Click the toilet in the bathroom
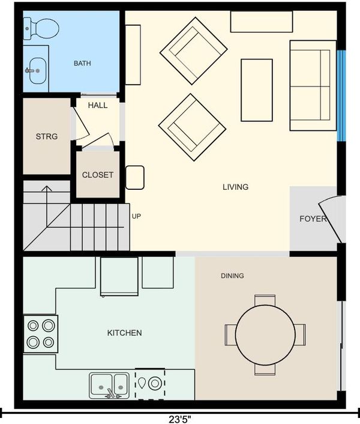click(x=41, y=28)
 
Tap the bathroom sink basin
click(x=38, y=71)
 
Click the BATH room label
click(x=82, y=63)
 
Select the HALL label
click(x=98, y=105)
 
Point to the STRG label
click(x=47, y=136)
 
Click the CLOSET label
click(x=97, y=175)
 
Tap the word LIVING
click(x=235, y=187)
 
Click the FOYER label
click(x=313, y=219)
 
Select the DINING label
click(x=232, y=276)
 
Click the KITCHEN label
click(x=125, y=333)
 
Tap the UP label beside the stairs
click(x=136, y=216)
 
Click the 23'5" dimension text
click(x=180, y=419)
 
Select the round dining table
click(x=265, y=335)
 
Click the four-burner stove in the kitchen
click(x=41, y=334)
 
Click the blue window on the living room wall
click(x=341, y=95)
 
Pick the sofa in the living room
click(x=313, y=86)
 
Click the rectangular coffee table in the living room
click(x=257, y=90)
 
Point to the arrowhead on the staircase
click(x=47, y=189)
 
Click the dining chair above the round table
click(x=265, y=300)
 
